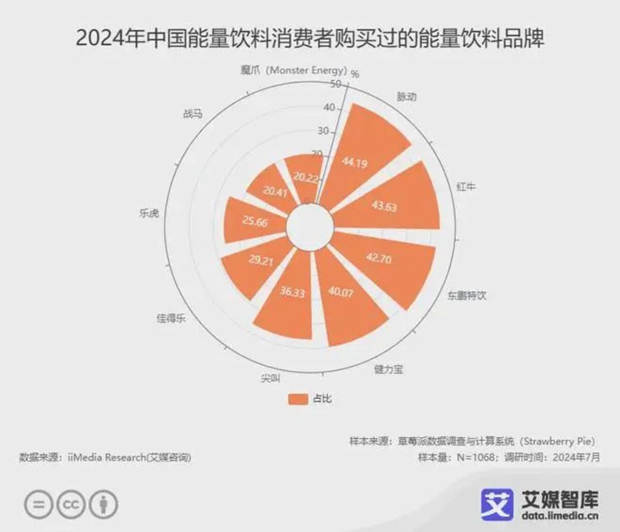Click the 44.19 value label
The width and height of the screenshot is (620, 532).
[x=355, y=163]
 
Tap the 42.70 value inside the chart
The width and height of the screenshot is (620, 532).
[x=378, y=258]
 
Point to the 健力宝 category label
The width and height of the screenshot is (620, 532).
[x=388, y=369]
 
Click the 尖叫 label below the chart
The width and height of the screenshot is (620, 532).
[x=270, y=378]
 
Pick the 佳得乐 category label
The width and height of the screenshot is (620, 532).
[x=171, y=318]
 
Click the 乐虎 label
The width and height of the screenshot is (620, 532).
[x=149, y=213]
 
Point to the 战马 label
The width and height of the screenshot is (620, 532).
[x=193, y=114]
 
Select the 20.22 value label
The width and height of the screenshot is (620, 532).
[x=305, y=177]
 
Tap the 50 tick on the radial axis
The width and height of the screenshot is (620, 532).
[x=335, y=84]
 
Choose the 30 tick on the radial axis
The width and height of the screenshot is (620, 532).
[x=324, y=131]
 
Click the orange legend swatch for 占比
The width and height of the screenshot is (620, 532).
[x=298, y=399]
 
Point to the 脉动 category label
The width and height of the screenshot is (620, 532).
[x=406, y=97]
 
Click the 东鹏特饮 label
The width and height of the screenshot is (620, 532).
[x=466, y=295]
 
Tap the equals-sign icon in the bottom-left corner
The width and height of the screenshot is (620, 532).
[x=39, y=505]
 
